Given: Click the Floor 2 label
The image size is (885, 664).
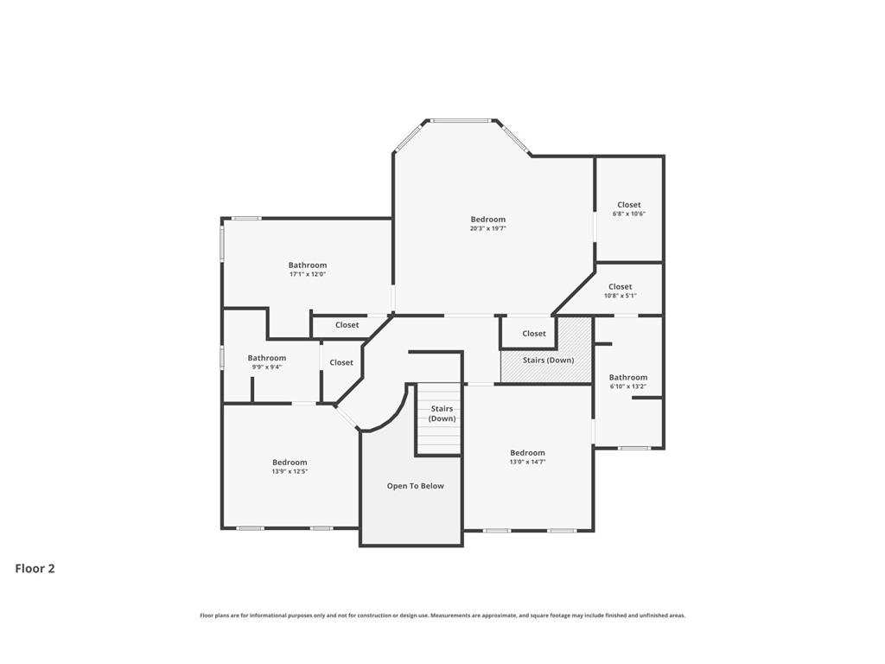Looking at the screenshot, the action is (35, 569).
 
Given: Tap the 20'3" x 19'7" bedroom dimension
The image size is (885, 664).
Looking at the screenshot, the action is (488, 228).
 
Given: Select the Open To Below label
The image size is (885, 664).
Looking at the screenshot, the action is (416, 486).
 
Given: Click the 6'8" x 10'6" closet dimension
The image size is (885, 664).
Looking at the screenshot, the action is (629, 214).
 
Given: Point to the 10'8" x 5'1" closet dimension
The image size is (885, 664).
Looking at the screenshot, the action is (621, 296).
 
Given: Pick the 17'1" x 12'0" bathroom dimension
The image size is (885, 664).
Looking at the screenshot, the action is (308, 274).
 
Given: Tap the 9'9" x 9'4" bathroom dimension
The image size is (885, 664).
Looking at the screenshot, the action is (266, 367).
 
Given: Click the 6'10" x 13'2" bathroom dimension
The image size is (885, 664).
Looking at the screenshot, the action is (628, 386).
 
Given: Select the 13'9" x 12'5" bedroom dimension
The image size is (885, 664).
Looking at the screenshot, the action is (290, 471).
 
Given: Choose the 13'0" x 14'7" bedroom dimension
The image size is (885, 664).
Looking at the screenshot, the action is (528, 462).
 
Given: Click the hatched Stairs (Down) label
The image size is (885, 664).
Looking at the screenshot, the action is (548, 361).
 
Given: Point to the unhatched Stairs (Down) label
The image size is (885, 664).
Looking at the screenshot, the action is (442, 413).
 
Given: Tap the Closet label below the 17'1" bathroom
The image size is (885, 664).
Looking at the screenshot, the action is (347, 325).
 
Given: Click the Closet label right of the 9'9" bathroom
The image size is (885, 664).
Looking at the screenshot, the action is (341, 362).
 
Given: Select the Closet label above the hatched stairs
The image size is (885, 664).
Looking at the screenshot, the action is (534, 334).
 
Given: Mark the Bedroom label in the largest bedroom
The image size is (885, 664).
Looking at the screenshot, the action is (488, 220).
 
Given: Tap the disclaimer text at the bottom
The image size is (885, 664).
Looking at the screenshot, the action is (442, 616).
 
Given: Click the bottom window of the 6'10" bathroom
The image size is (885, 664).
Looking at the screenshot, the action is (634, 449).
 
